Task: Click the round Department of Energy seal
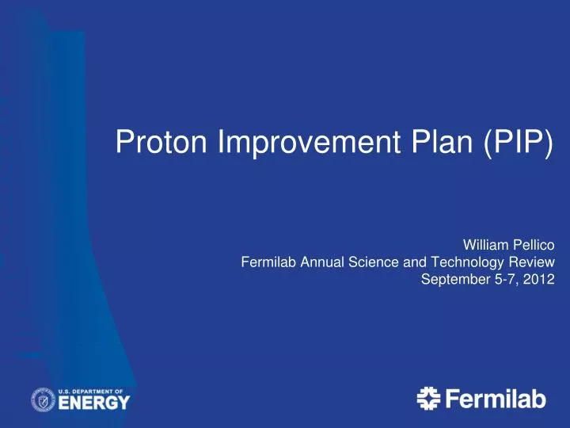(43, 400)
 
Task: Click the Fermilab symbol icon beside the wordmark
(428, 399)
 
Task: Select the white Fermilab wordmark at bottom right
(496, 400)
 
